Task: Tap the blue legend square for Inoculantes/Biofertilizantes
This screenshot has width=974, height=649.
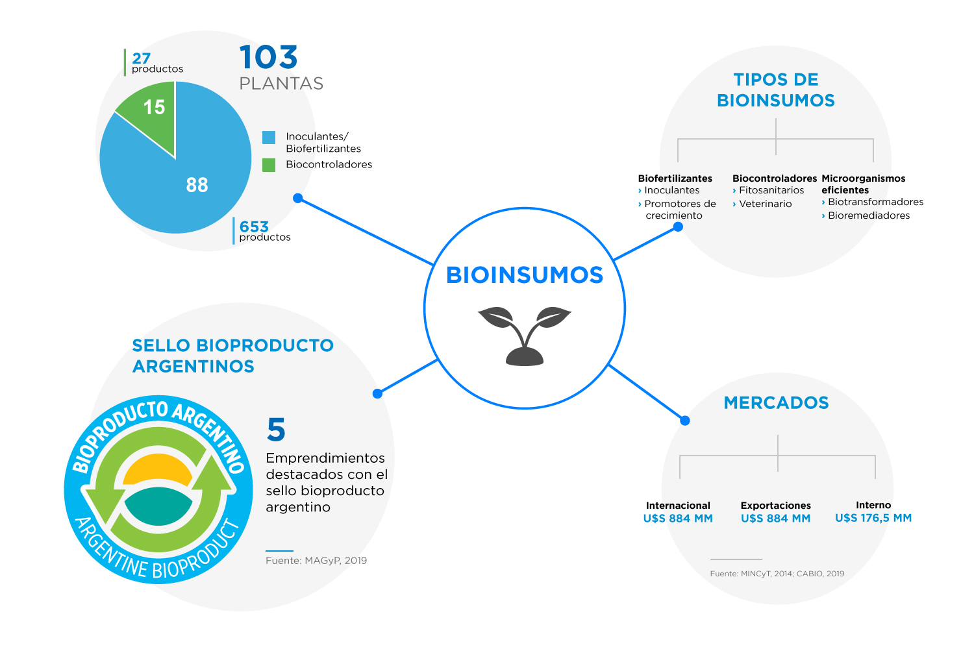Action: tap(269, 138)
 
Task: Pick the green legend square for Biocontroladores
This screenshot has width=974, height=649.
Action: tap(269, 165)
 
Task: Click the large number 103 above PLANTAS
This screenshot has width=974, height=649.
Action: tap(268, 57)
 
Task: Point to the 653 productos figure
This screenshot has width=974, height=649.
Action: tap(265, 231)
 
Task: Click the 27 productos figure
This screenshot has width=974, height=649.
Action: tap(157, 62)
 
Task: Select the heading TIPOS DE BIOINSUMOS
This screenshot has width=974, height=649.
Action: tap(776, 90)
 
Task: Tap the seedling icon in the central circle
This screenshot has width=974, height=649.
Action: tap(525, 336)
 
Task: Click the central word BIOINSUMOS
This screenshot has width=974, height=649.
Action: tap(525, 275)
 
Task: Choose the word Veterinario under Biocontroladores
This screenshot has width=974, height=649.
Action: tap(766, 204)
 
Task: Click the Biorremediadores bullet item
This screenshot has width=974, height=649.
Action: tap(869, 215)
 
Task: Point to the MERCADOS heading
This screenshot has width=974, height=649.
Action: tap(776, 402)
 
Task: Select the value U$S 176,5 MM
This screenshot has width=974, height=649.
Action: tap(873, 518)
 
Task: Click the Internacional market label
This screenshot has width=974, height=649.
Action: tap(678, 506)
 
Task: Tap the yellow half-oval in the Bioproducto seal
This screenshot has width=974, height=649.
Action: tap(157, 469)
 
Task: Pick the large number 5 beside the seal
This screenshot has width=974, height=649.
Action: tap(276, 429)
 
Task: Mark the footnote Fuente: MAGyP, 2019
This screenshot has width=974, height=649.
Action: tap(316, 560)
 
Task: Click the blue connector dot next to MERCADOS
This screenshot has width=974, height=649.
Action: tap(685, 421)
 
